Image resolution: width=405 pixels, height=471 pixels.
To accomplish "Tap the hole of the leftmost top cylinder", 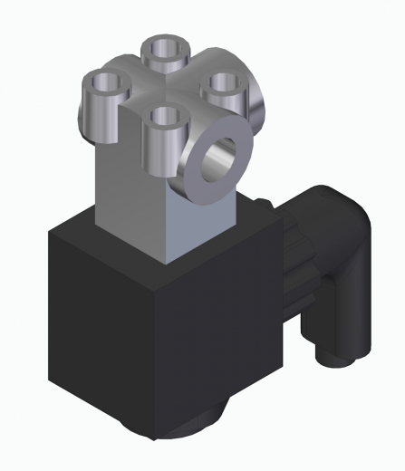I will click(106, 84).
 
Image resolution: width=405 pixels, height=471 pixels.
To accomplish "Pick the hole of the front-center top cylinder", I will click(164, 115).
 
